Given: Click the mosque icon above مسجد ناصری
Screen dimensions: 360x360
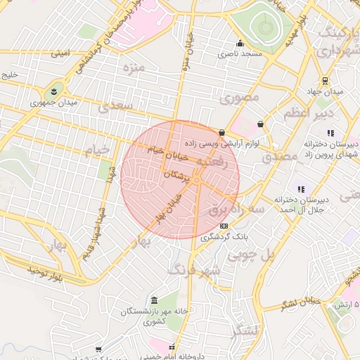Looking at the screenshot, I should click(x=240, y=43).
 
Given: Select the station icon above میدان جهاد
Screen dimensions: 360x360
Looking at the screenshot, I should click(x=324, y=81).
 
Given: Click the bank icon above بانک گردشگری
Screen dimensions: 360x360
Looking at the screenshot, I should click(x=224, y=226).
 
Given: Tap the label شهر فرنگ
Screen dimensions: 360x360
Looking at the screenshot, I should click(x=193, y=269).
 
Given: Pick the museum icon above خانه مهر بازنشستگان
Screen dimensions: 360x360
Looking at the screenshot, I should click(x=154, y=300).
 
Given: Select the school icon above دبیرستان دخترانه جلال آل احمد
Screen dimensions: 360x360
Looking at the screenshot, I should click(x=301, y=189).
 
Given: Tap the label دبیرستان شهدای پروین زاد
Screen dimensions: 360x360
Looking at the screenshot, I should click(x=330, y=148).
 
